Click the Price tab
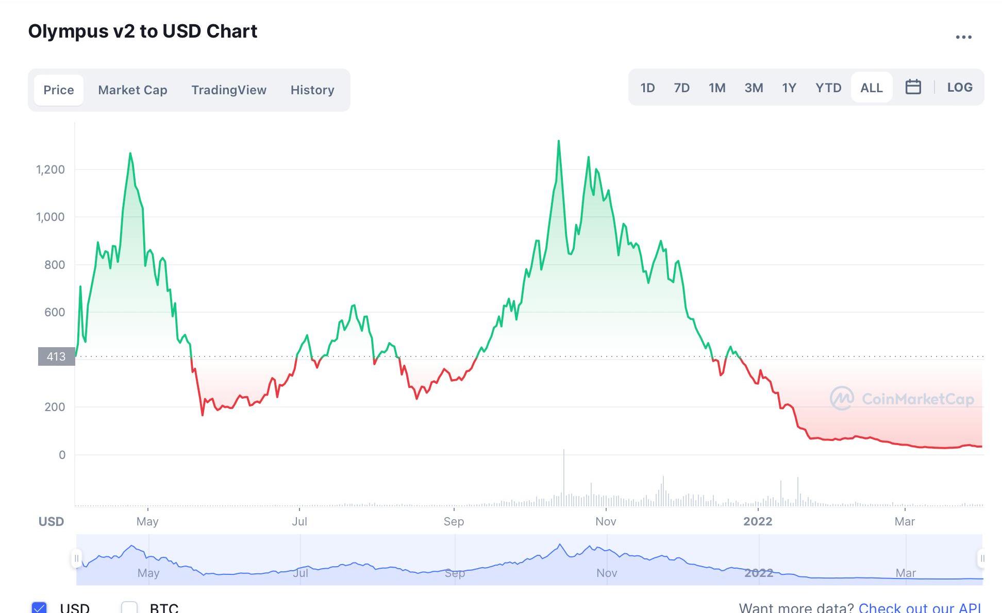59,90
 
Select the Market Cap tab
132,90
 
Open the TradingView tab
229,90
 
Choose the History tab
312,90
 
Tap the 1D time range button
647,88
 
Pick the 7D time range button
681,88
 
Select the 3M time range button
754,88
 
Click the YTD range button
828,88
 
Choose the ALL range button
872,88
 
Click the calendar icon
913,87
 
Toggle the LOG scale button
960,88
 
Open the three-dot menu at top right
963,37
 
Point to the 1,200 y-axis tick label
51,169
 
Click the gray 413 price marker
56,356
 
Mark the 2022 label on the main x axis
758,521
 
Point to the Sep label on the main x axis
454,521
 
